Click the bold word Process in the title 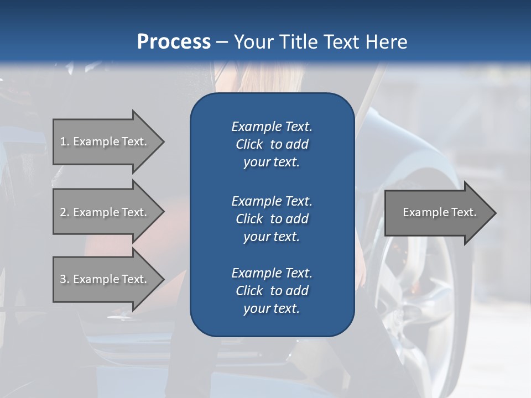174,42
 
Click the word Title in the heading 296,42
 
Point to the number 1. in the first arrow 65,142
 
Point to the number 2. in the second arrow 65,212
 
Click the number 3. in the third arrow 65,279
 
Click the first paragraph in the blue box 272,144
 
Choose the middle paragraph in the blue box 272,219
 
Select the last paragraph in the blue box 272,291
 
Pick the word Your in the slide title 252,42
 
